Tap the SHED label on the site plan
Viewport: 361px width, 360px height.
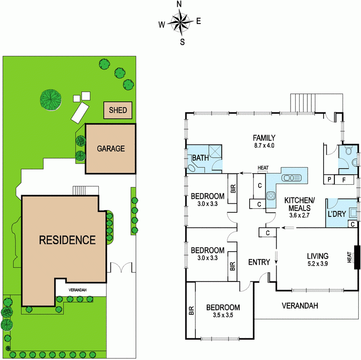118,110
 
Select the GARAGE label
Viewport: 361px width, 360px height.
110,148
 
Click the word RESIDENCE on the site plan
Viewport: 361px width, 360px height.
67,240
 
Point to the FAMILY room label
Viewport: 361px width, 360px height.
264,138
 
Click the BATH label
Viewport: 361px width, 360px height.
199,158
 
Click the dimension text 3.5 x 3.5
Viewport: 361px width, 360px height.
223,315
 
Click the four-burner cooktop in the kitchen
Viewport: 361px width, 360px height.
272,196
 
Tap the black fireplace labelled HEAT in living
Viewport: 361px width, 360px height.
358,257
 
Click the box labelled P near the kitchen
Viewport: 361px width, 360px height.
329,180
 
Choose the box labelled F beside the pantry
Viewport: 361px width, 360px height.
344,180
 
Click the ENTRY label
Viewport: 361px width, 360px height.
259,262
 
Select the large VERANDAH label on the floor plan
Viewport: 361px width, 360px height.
300,306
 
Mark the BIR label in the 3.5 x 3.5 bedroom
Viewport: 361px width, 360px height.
190,311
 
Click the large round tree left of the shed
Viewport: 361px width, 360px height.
50,99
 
